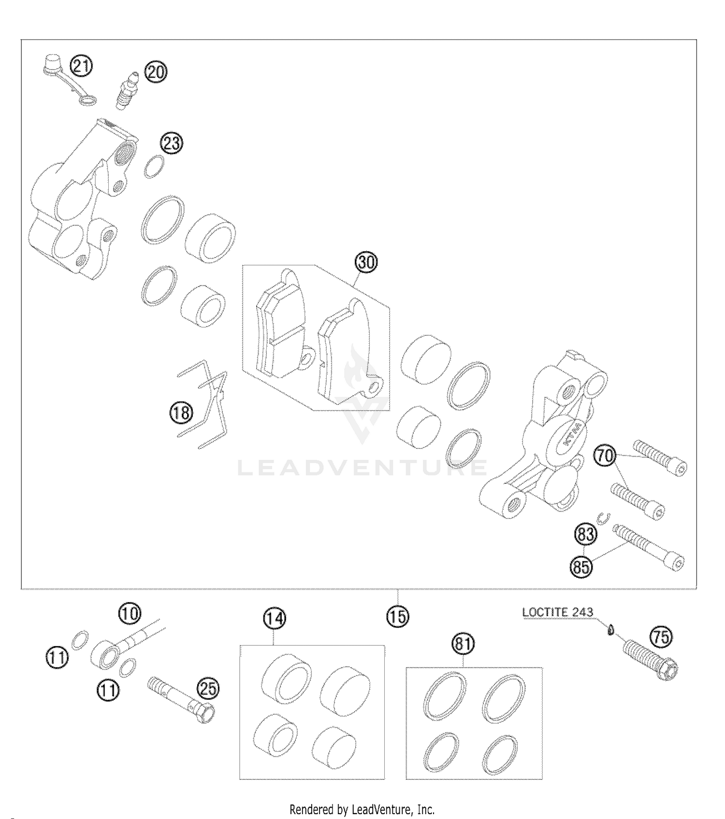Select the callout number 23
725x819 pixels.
coord(172,144)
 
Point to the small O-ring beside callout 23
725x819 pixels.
coord(154,167)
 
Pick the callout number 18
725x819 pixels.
coord(181,413)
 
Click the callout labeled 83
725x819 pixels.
coord(585,534)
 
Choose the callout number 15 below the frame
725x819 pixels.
coord(397,616)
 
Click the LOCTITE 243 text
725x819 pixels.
coord(557,612)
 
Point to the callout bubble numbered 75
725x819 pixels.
coord(661,637)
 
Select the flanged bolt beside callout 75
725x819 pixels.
coord(652,660)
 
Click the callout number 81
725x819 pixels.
coord(463,644)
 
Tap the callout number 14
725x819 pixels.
coord(274,619)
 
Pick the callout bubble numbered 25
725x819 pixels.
coord(208,688)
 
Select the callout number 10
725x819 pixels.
coord(130,613)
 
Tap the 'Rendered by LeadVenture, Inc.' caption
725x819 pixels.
coord(362,809)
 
